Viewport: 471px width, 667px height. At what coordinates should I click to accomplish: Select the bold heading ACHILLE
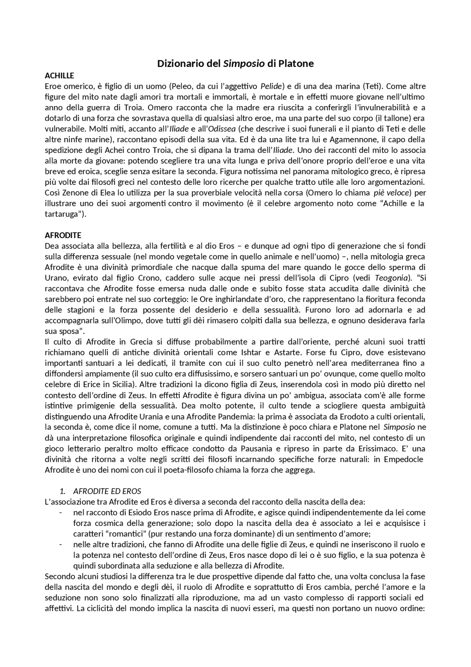point(59,76)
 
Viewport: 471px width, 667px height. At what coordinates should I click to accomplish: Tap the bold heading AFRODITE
point(63,235)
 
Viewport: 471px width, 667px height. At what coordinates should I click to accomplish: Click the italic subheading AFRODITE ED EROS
point(107,491)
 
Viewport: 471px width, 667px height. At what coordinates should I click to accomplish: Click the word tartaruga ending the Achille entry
point(62,214)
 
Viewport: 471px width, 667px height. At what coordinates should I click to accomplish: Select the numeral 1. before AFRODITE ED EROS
point(63,491)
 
